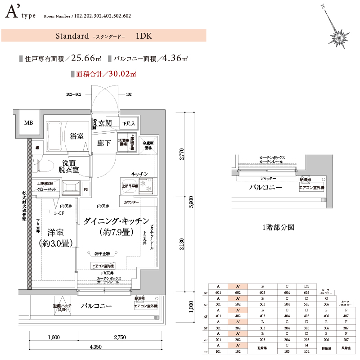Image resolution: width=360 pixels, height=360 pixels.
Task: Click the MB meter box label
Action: (x=28, y=122)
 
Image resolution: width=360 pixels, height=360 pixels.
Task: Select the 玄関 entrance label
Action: (x=105, y=123)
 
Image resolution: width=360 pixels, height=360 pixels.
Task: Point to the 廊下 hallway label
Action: (x=104, y=143)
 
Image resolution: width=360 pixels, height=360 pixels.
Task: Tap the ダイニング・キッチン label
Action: (x=116, y=221)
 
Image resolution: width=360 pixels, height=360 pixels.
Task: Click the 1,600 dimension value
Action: (x=53, y=337)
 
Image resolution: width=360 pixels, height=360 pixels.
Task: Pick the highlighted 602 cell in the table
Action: (x=237, y=292)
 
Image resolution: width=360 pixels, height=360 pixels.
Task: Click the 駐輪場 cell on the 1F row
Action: (x=262, y=348)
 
